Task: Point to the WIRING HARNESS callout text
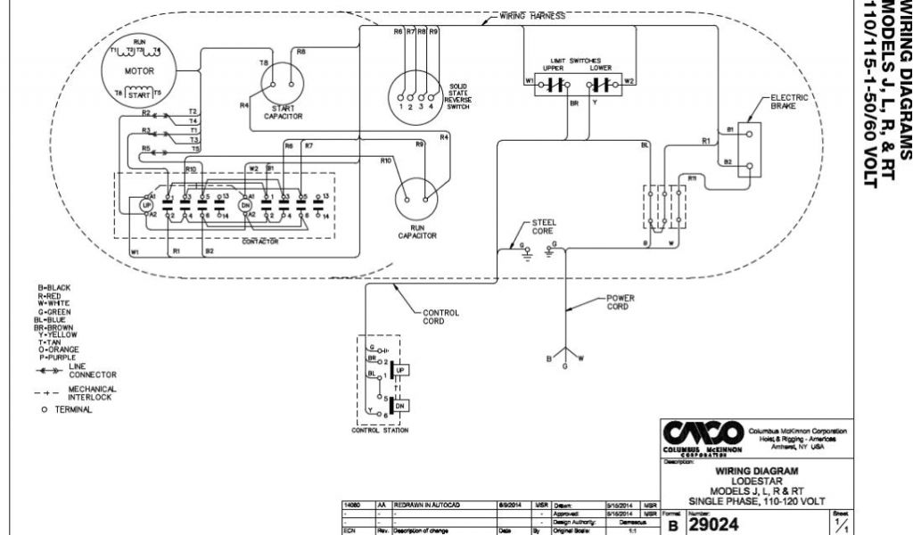(x=531, y=16)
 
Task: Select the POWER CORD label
(x=620, y=302)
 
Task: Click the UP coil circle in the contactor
(x=148, y=204)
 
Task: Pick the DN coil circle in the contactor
(x=246, y=204)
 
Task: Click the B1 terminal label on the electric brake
(x=728, y=129)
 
